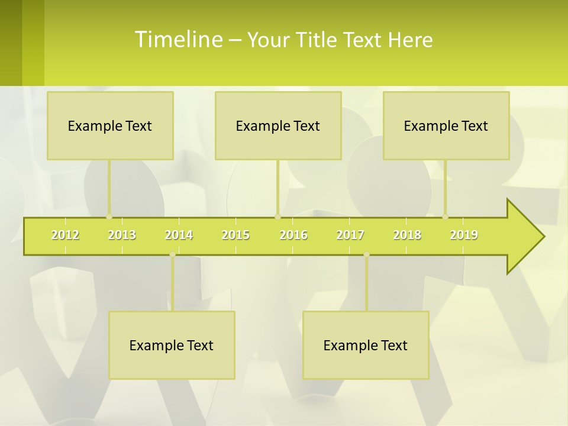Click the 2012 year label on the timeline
(65, 235)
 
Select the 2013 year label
(122, 235)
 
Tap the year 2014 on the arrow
(179, 235)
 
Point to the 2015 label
(235, 235)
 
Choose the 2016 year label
(293, 235)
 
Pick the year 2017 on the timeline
(350, 235)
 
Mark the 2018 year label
(407, 235)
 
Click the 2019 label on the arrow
(464, 235)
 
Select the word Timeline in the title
(177, 39)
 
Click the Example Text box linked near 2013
(110, 125)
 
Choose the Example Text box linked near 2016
(278, 125)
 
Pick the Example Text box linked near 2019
(446, 125)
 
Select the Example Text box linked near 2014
(172, 345)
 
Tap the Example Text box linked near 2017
(366, 345)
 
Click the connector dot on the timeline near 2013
(109, 217)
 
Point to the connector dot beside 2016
(277, 217)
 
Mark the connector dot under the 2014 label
(172, 254)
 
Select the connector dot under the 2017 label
(366, 254)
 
